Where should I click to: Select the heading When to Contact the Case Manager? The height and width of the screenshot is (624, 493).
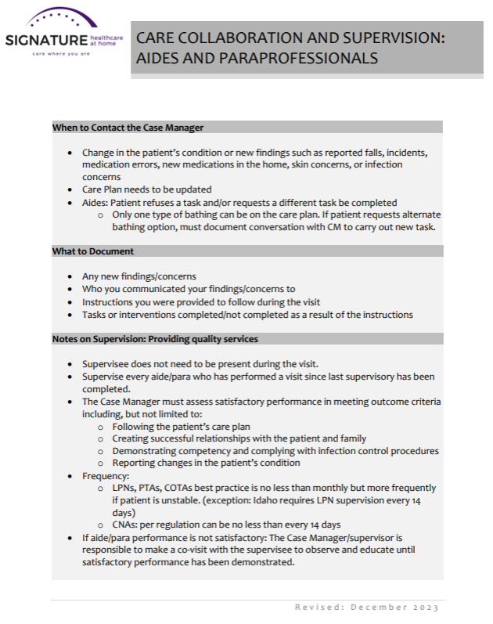click(128, 127)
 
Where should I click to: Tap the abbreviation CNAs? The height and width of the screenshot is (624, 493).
click(127, 524)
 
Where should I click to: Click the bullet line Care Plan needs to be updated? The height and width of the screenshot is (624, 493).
click(146, 189)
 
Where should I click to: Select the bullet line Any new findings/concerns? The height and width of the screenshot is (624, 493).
click(139, 276)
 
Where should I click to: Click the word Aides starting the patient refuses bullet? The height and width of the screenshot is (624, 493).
click(95, 202)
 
